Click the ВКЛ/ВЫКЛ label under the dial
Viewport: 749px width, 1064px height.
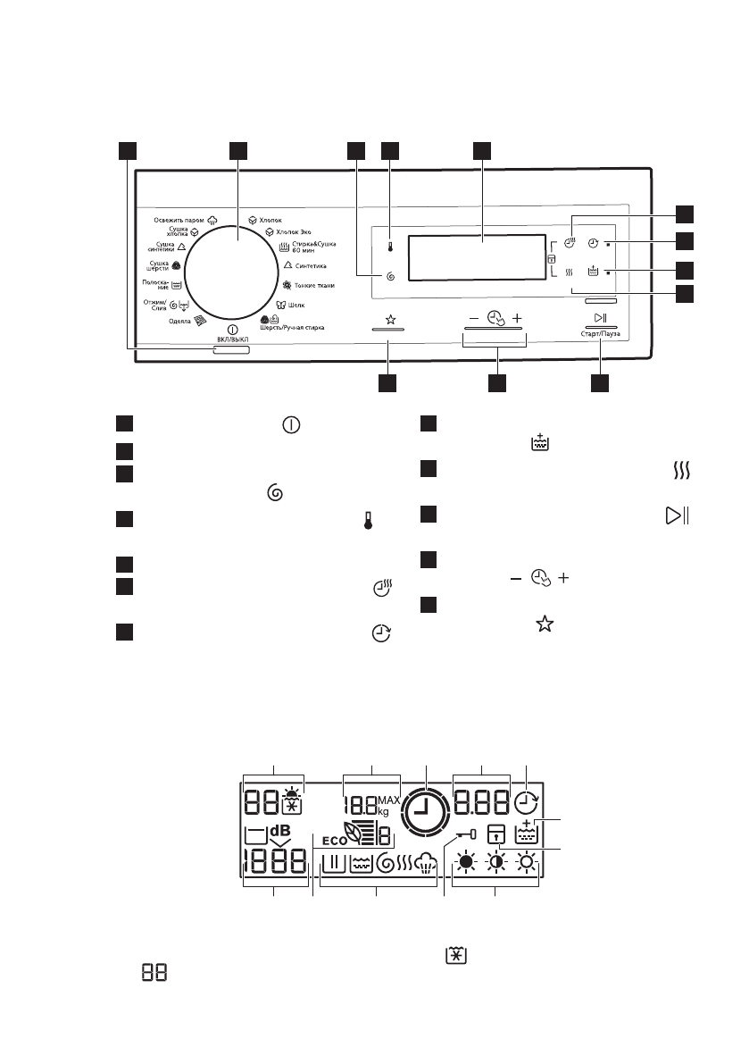pos(230,340)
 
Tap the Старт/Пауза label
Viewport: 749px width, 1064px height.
pos(599,334)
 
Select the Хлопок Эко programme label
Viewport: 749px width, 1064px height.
pos(287,231)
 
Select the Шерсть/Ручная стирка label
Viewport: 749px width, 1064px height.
pos(287,328)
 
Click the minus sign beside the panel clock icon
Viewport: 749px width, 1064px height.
pos(473,318)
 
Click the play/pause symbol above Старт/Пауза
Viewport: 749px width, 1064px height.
pos(600,319)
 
